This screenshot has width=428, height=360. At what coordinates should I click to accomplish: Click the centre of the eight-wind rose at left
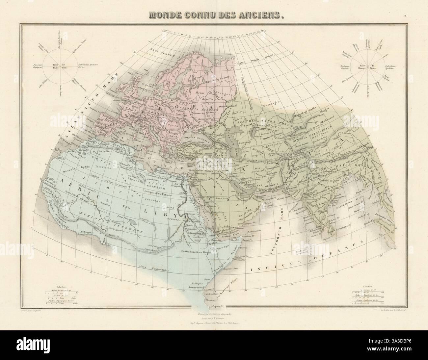pyautogui.click(x=60, y=66)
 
